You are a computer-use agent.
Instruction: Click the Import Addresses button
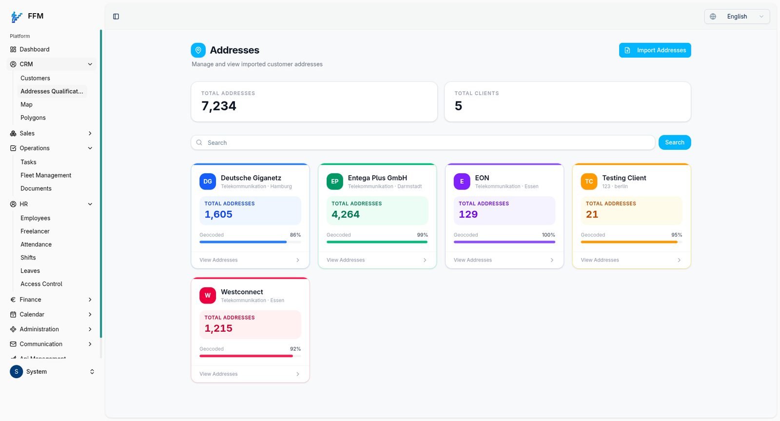(x=655, y=50)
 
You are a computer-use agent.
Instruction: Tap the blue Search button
(x=675, y=142)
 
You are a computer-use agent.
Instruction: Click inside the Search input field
(x=423, y=142)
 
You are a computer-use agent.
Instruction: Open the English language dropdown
(x=737, y=17)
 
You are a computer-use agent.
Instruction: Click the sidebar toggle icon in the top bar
(x=116, y=17)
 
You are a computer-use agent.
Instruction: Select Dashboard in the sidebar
(x=35, y=49)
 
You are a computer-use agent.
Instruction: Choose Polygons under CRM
(x=33, y=118)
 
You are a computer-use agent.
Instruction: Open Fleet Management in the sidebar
(x=46, y=175)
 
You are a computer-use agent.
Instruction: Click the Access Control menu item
(x=41, y=284)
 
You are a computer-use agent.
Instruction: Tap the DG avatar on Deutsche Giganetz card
(x=208, y=181)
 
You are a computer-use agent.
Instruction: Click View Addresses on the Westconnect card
(x=218, y=374)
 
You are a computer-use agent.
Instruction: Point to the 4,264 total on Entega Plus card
(x=346, y=214)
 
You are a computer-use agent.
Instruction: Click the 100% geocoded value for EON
(x=548, y=235)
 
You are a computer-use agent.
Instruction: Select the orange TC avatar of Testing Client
(x=589, y=181)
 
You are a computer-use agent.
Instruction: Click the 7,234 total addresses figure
(x=219, y=105)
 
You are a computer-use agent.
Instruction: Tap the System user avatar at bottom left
(x=17, y=372)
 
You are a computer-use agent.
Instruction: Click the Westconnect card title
(x=242, y=292)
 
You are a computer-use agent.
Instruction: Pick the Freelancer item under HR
(x=35, y=231)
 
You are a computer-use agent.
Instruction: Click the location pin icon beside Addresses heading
(x=198, y=50)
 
